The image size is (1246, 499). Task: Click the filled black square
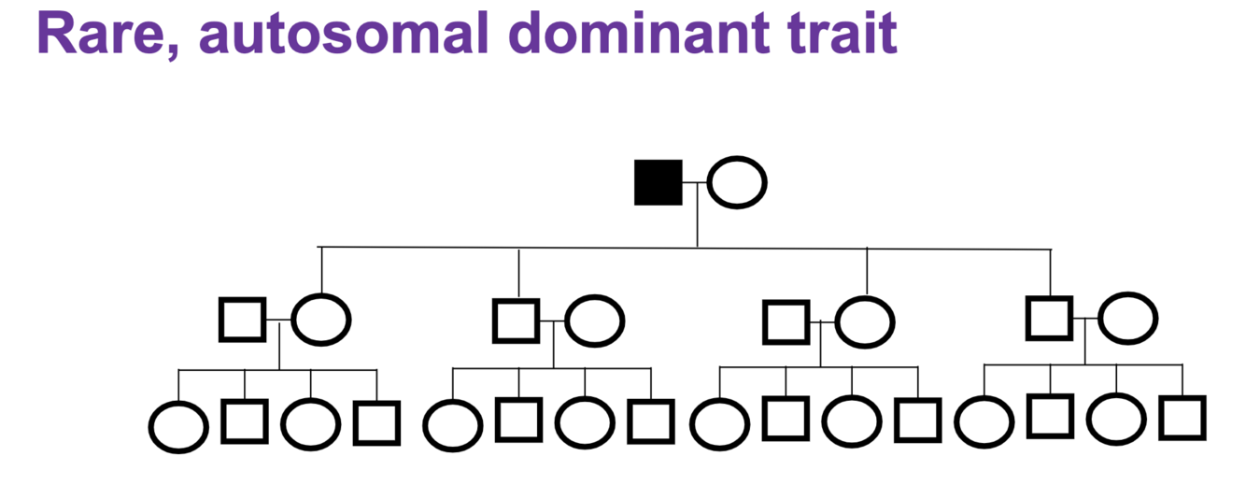click(658, 182)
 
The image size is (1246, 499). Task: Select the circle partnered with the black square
click(737, 181)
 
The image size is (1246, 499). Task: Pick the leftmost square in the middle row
click(243, 320)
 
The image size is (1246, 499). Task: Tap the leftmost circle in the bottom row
click(178, 427)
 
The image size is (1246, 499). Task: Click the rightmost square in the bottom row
click(1182, 418)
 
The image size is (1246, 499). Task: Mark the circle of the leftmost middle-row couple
click(321, 319)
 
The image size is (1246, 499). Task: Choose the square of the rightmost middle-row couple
click(1050, 318)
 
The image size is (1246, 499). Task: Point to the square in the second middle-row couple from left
click(517, 320)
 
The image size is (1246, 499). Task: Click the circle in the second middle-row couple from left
click(595, 321)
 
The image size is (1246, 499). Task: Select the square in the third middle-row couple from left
click(786, 322)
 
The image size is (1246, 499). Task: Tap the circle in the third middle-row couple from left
click(865, 321)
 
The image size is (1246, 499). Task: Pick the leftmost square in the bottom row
click(245, 421)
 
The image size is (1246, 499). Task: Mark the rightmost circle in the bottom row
click(1116, 419)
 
